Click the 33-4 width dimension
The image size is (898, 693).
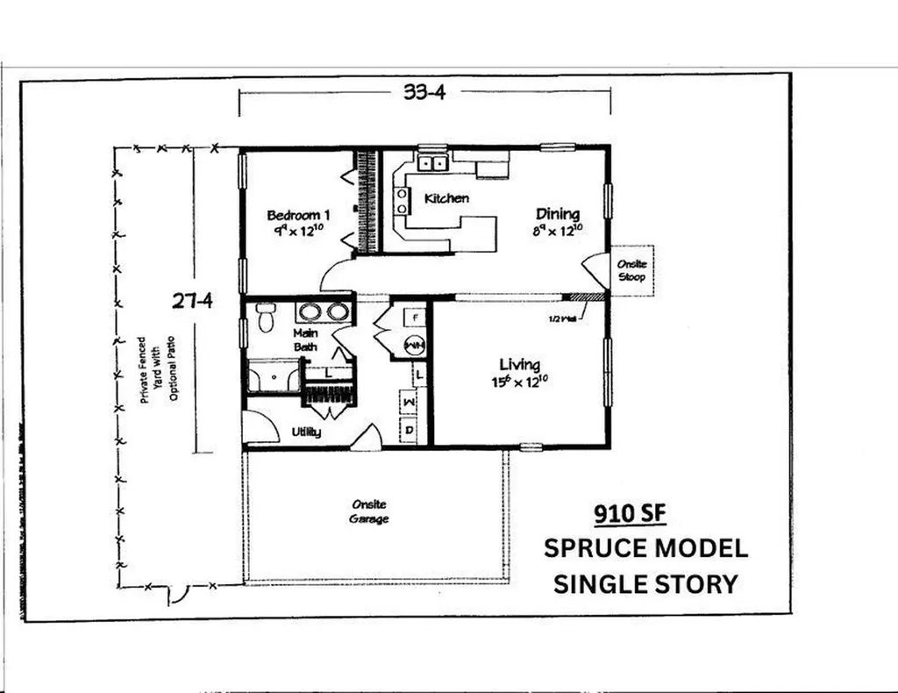click(424, 93)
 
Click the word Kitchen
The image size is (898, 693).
click(446, 198)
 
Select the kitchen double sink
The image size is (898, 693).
click(431, 162)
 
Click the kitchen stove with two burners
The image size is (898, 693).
click(403, 201)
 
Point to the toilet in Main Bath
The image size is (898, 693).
click(266, 318)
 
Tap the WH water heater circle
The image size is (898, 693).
click(414, 346)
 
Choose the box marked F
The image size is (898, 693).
click(415, 314)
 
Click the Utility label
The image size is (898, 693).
click(306, 432)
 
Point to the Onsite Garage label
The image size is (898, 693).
click(370, 511)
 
